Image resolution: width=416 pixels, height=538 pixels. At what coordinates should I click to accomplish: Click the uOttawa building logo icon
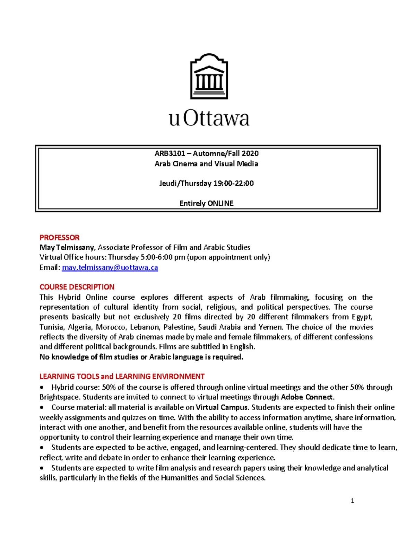pos(209,77)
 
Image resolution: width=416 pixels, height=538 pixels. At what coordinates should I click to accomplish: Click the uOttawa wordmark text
pos(209,118)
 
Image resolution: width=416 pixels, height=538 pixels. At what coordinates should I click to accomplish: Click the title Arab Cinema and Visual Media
pos(206,164)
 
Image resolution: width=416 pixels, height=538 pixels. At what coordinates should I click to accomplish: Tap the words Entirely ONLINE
pos(206,203)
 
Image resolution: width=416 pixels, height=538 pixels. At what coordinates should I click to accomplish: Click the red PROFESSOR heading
pos(59,238)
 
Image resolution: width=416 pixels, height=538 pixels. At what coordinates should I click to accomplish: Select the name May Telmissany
pos(67,247)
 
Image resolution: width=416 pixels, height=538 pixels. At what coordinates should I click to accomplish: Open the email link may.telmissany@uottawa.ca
pos(110,267)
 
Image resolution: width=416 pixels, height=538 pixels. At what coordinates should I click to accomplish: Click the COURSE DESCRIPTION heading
pos(77,287)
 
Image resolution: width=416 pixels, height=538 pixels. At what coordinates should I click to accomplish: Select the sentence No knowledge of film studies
pos(141,357)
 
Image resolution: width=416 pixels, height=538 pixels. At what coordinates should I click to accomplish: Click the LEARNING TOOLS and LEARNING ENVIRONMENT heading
pos(122,377)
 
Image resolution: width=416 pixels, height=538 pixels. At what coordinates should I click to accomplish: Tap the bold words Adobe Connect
pos(307,397)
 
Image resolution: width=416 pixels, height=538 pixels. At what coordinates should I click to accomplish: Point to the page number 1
pos(352,500)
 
